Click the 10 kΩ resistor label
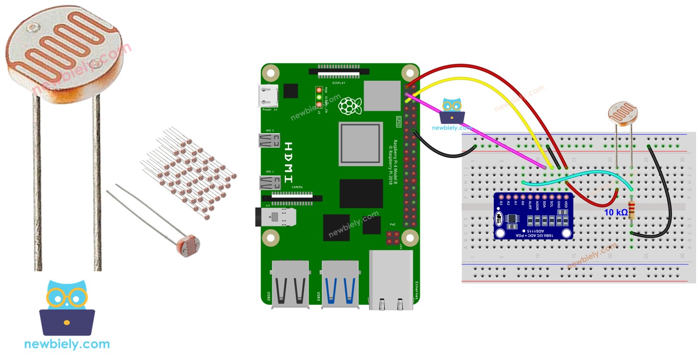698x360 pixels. coord(616,213)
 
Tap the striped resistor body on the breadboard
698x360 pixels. coord(631,210)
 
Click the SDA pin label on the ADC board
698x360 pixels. coord(545,204)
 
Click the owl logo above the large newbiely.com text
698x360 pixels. coord(67,307)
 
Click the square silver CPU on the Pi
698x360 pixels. coord(361,143)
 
